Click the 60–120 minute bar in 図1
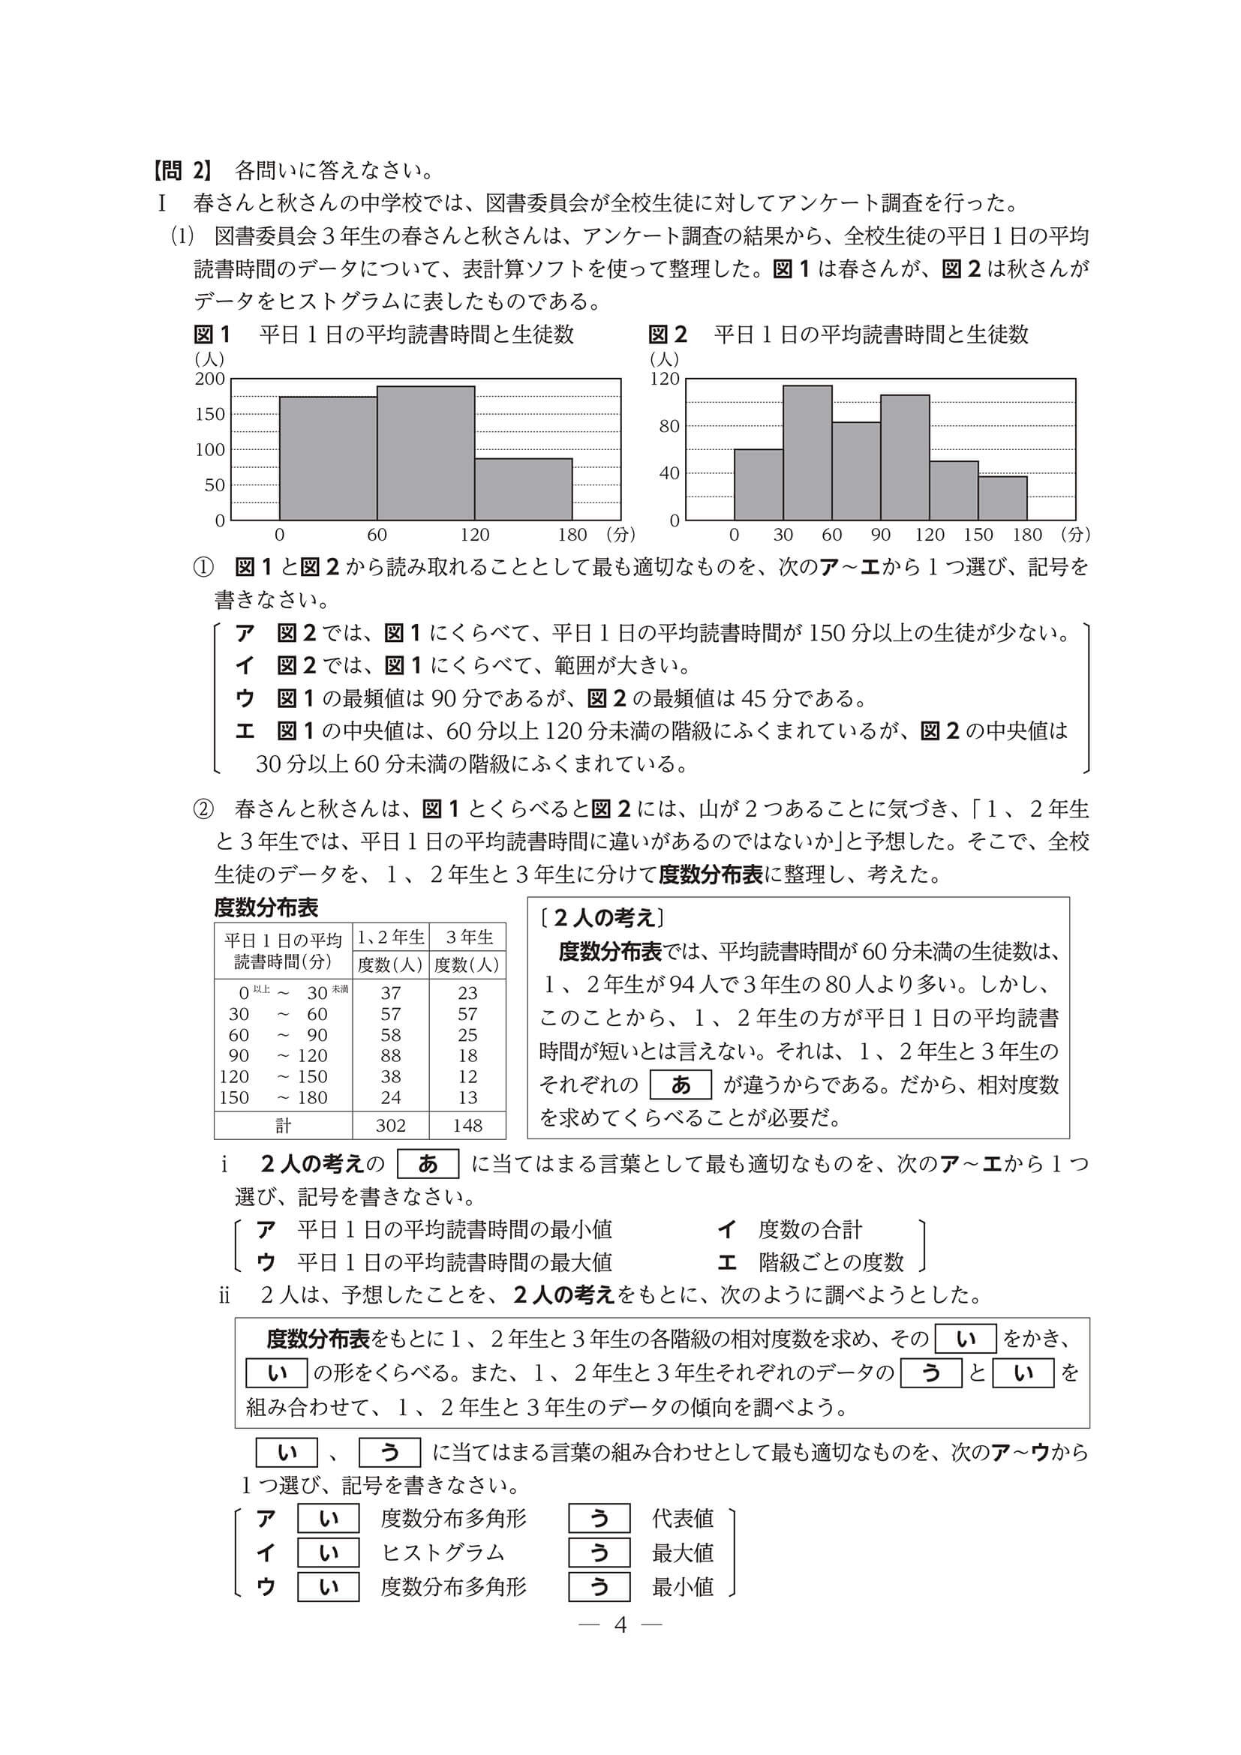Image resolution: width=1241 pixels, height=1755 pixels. coord(425,452)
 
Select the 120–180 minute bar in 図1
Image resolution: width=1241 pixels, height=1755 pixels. coord(523,489)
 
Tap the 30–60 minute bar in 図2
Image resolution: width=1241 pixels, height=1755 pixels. coord(807,452)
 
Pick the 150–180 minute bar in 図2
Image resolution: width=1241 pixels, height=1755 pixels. coord(1002,498)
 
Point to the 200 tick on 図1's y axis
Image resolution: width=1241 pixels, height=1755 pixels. coord(210,379)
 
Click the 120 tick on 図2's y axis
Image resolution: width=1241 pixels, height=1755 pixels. coord(665,379)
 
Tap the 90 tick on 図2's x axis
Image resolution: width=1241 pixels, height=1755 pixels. coord(880,535)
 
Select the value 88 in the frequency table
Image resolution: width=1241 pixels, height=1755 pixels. coord(390,1055)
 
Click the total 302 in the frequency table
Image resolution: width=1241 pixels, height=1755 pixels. coord(390,1125)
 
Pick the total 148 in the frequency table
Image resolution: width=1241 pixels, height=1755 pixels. coord(467,1125)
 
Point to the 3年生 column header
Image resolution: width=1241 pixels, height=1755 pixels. coord(468,937)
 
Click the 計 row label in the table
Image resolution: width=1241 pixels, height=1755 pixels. coord(283,1125)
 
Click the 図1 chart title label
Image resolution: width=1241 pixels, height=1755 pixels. coord(212,334)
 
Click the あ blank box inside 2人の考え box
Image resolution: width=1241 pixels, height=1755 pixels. coord(680,1084)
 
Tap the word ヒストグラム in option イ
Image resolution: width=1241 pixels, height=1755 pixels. coord(443,1552)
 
